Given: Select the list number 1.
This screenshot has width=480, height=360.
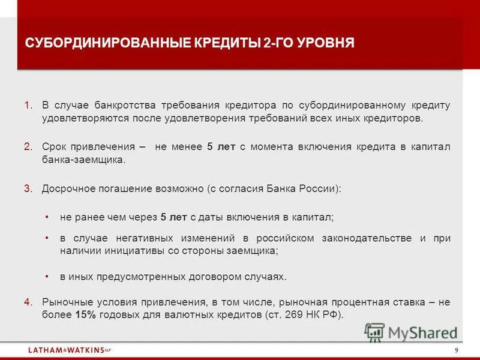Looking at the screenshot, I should coord(28,106).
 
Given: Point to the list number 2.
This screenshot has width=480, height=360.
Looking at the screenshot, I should coord(28,147).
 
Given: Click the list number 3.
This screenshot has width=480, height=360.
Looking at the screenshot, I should coord(28,188).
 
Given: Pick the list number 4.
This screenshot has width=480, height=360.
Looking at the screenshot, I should coord(28,302).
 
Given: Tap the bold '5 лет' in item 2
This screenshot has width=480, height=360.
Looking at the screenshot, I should coord(218,147).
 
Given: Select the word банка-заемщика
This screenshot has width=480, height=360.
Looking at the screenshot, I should coord(83,160).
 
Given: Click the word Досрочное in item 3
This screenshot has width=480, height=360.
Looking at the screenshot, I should coord(65,188).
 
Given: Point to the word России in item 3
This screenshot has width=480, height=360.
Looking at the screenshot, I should coord(320,188).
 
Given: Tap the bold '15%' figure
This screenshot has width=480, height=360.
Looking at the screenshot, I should coord(86,315).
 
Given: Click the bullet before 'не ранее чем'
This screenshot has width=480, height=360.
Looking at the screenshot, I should coord(47,217).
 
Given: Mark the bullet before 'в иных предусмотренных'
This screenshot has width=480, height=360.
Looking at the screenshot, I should coord(47,277).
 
